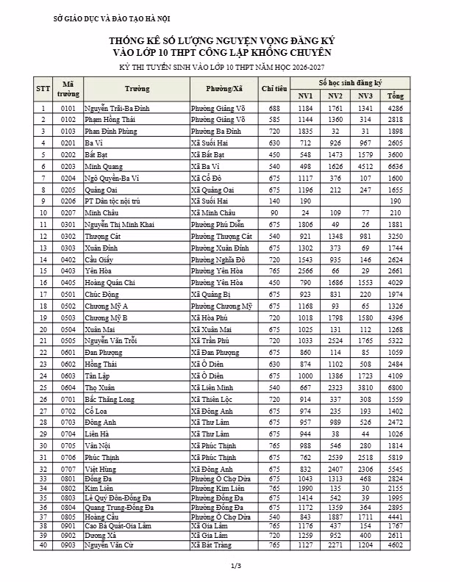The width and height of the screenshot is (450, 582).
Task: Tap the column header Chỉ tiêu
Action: (274, 89)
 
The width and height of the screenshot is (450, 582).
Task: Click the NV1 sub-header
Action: (306, 96)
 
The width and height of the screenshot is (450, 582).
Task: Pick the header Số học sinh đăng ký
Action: (351, 84)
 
